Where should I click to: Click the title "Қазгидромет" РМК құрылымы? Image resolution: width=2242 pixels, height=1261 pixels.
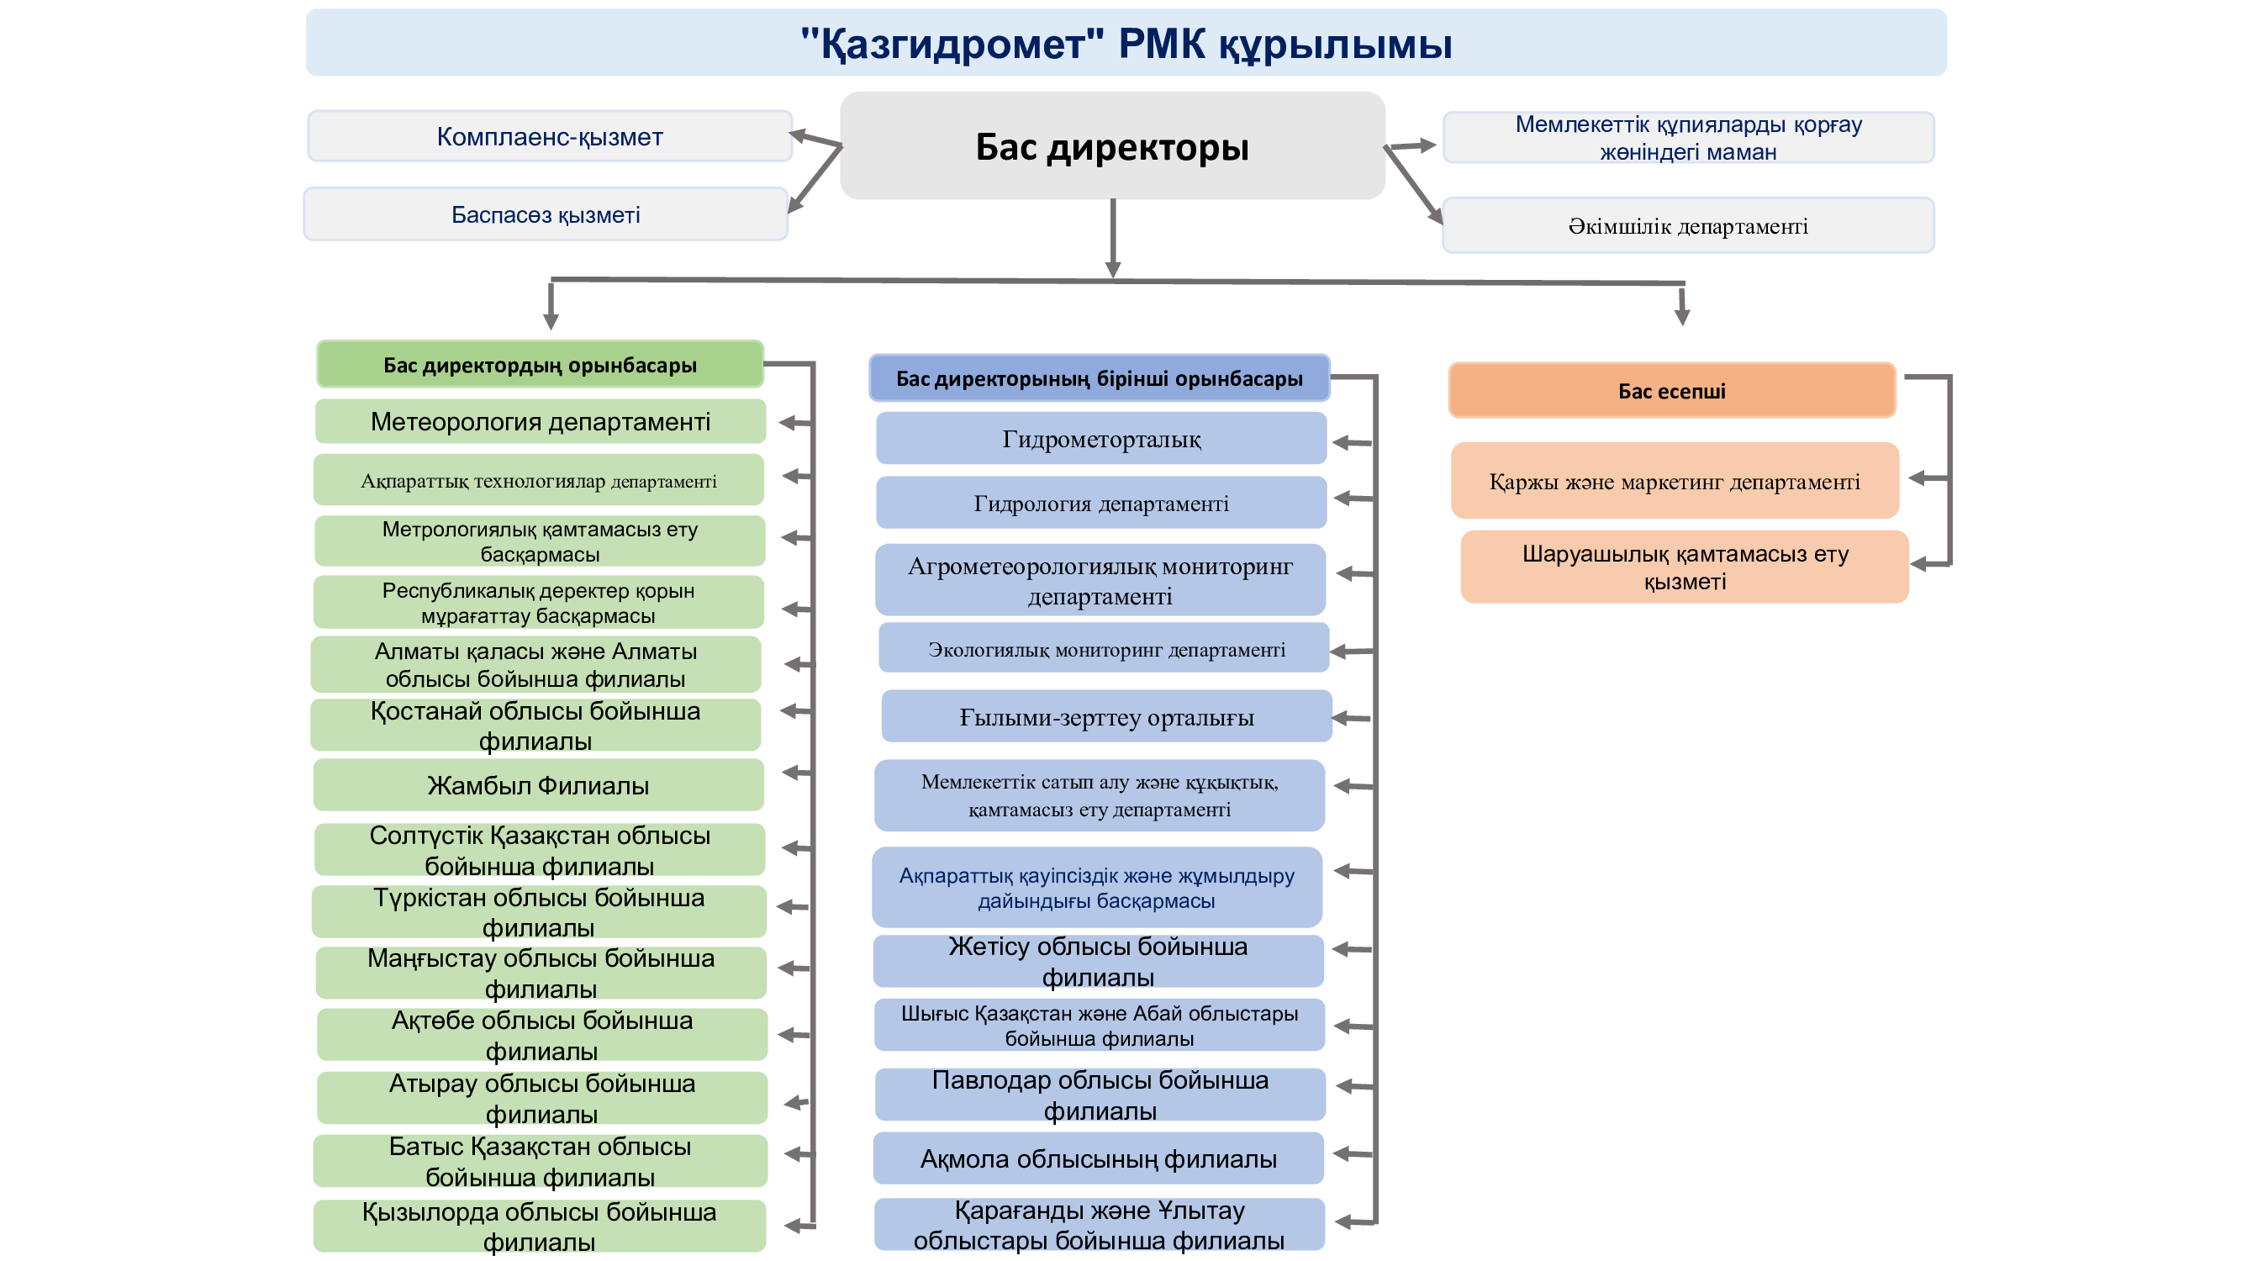[1126, 44]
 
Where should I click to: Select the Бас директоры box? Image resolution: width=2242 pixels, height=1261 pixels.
[1111, 145]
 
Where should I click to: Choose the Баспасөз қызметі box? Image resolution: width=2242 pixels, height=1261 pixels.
[546, 214]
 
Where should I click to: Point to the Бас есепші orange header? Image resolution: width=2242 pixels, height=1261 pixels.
[1671, 390]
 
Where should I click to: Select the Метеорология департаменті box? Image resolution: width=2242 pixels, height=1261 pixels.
[541, 421]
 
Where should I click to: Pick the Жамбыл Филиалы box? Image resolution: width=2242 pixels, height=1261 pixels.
[539, 785]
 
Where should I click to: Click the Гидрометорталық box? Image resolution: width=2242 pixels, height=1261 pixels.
[1101, 438]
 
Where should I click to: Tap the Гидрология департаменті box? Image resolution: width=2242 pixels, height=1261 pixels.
[1101, 502]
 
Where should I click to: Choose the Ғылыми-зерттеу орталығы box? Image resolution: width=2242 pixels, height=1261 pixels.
[1106, 716]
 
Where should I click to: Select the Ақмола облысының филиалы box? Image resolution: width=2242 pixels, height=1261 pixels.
[1099, 1158]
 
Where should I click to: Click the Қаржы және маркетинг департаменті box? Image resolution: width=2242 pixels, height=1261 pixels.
[1674, 480]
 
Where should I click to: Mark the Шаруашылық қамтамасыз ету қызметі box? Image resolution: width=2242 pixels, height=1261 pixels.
[1684, 567]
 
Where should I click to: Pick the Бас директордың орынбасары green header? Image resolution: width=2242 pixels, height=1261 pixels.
[540, 364]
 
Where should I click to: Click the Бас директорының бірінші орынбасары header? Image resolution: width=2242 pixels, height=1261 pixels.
[1100, 377]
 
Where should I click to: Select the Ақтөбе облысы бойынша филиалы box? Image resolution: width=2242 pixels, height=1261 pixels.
[541, 1034]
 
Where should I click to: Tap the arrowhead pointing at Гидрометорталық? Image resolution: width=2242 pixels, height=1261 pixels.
[1341, 442]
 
